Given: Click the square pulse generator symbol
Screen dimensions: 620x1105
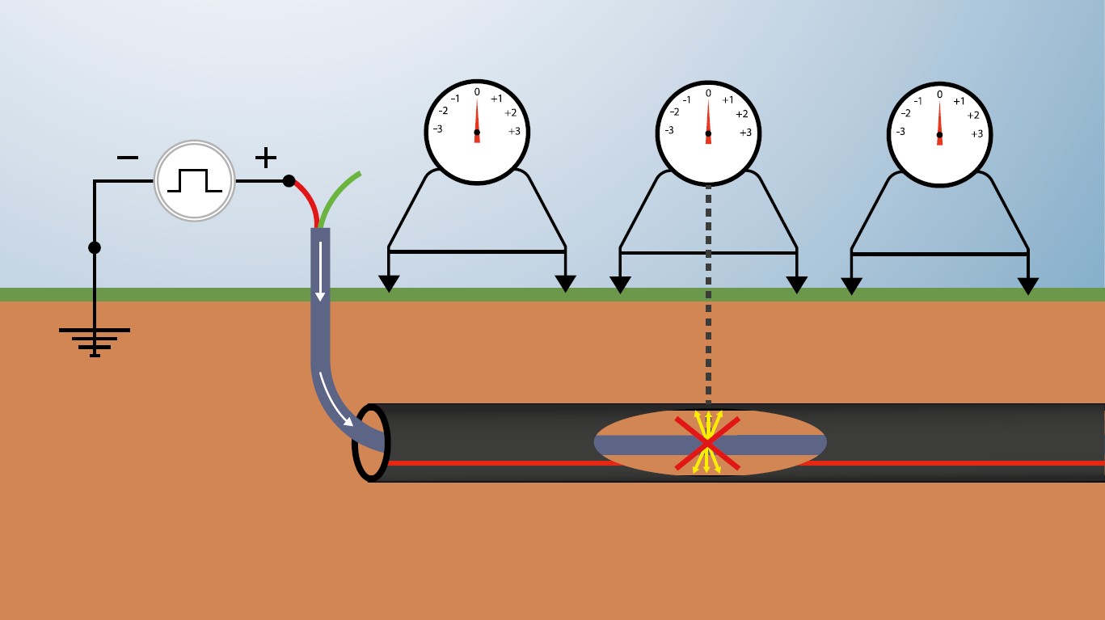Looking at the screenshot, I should (194, 180).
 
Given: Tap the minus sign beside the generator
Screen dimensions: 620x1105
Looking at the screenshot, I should (128, 158).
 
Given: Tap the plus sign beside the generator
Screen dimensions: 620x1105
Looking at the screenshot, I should (266, 158).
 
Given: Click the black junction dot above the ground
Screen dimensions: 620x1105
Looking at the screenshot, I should (95, 247).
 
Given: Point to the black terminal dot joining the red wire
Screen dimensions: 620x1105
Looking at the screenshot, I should (289, 181).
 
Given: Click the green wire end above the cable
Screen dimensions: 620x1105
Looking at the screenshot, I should (356, 175).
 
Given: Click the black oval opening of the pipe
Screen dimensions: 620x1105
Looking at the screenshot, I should (371, 443).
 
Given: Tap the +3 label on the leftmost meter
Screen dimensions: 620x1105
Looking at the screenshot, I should (514, 132).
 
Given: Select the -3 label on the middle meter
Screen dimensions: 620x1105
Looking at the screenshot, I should (668, 130).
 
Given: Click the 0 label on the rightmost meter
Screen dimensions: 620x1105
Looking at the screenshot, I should (939, 95).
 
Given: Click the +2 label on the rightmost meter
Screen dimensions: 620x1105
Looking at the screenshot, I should (973, 116).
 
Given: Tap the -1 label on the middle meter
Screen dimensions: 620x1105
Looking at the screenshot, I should (686, 100).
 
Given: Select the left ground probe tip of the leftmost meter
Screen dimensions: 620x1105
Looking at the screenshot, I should (389, 284).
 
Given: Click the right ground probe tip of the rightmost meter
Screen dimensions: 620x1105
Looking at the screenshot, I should (1028, 286).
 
